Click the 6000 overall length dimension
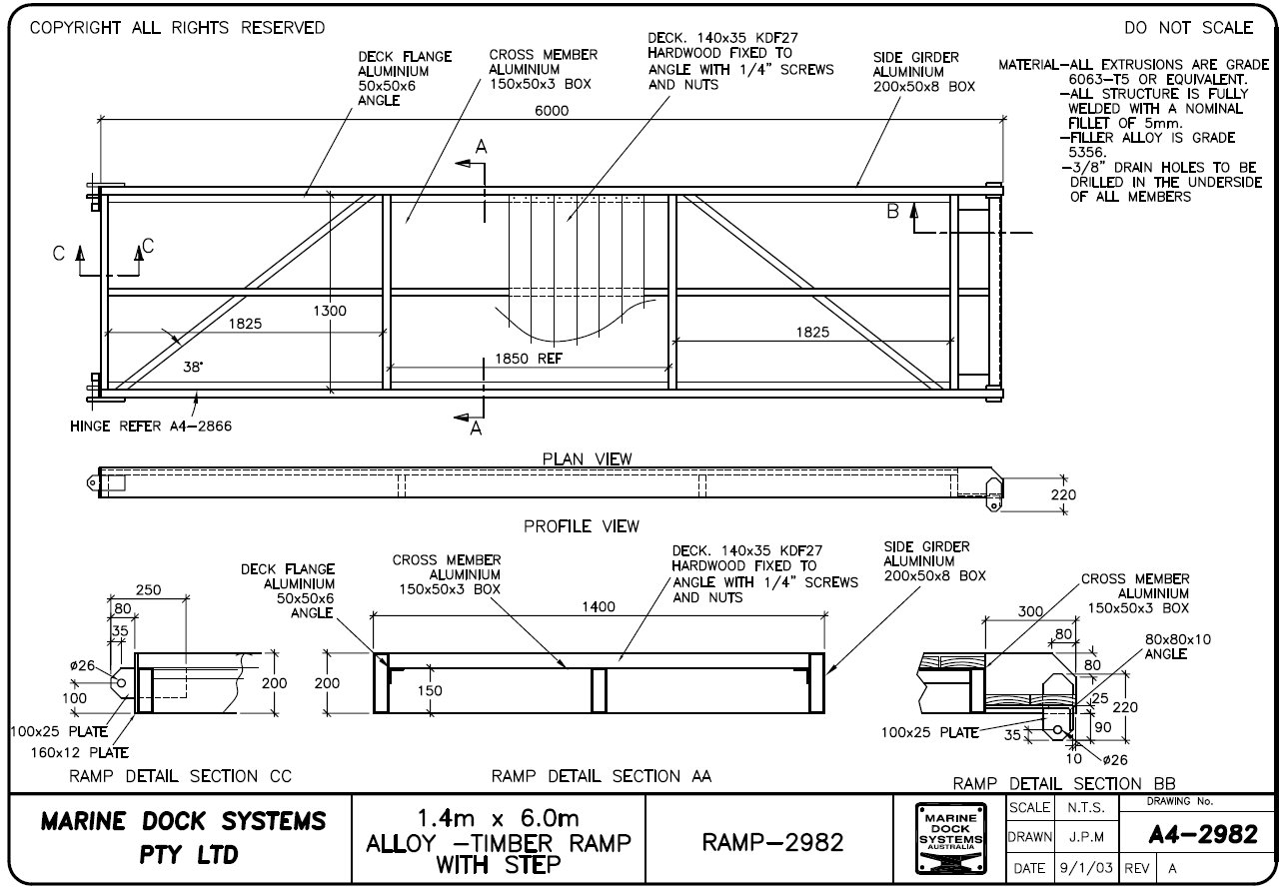pyautogui.click(x=551, y=111)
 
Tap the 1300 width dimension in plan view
pyautogui.click(x=330, y=311)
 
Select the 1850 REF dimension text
pyautogui.click(x=528, y=358)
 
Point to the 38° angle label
pyautogui.click(x=192, y=367)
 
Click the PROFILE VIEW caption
pyautogui.click(x=582, y=525)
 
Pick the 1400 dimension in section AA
pyautogui.click(x=599, y=606)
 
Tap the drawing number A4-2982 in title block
pyautogui.click(x=1202, y=836)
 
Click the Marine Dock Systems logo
pyautogui.click(x=949, y=837)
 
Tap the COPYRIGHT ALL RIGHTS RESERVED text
pyautogui.click(x=177, y=28)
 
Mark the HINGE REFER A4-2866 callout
pyautogui.click(x=150, y=426)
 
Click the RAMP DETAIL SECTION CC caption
pyautogui.click(x=180, y=775)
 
